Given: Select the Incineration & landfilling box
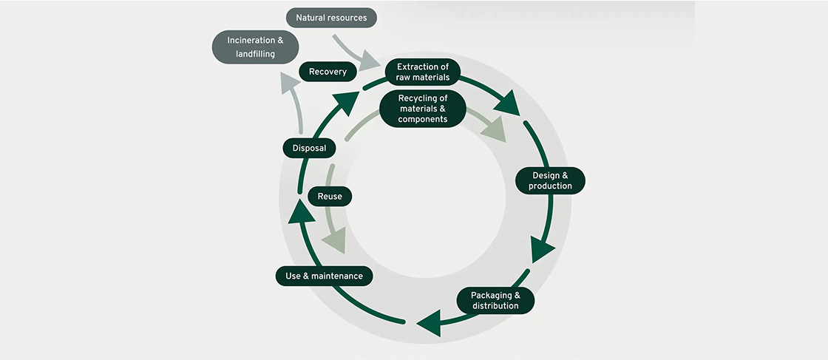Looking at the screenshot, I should [255, 47].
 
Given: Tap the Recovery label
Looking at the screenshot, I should [328, 72].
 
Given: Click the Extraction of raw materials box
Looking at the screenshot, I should [423, 72].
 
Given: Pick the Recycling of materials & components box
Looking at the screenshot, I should [423, 109].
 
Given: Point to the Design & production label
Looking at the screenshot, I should [550, 180].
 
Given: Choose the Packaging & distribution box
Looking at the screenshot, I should [495, 300].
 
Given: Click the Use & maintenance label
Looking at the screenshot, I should [325, 276].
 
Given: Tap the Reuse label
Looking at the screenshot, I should [329, 196].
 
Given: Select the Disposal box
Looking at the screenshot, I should [309, 148].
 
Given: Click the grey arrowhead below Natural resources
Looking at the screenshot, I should [369, 61].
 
